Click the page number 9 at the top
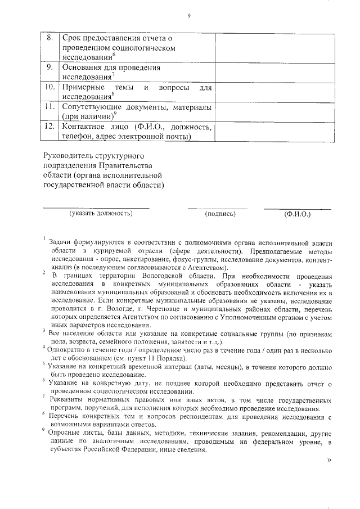tap(188, 15)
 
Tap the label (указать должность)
tap(101, 214)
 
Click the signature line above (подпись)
tap(217, 209)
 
